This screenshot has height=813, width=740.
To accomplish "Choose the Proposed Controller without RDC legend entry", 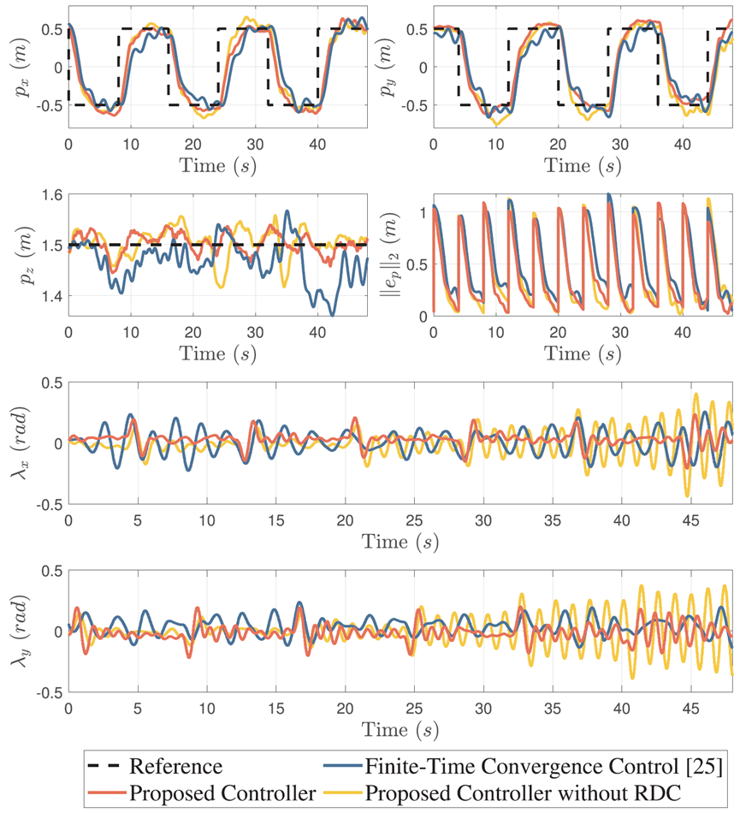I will [524, 793].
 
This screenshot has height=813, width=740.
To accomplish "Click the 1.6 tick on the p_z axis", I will [52, 195].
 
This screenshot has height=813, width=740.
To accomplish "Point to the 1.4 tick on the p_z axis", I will [52, 296].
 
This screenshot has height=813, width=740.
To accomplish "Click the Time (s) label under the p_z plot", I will [216, 353].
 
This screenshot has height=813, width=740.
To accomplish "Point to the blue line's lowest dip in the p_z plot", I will [332, 315].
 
